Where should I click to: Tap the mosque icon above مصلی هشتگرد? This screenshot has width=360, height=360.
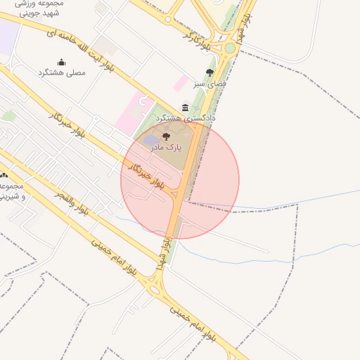(x=61, y=62)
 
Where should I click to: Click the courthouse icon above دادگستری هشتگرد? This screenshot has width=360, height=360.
(x=185, y=108)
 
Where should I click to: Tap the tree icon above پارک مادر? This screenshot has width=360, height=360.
(x=166, y=136)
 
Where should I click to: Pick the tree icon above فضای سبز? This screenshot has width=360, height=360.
(x=210, y=72)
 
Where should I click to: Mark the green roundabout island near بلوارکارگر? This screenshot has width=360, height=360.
(x=230, y=48)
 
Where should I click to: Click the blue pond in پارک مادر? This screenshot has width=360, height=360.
(x=151, y=141)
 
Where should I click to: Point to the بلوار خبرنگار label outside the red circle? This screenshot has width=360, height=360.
(x=67, y=126)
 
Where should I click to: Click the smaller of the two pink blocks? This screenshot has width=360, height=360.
(x=181, y=84)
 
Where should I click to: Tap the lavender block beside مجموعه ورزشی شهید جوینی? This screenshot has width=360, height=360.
(x=7, y=35)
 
